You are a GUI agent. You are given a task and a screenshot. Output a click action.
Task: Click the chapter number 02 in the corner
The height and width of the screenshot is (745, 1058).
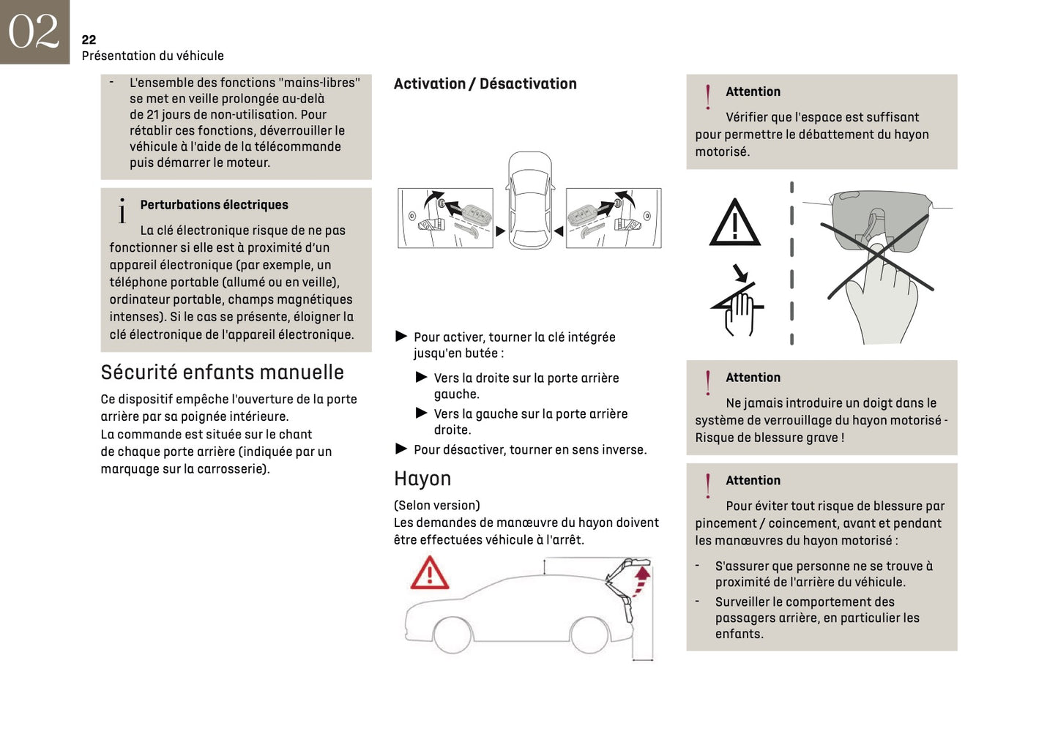(x=34, y=31)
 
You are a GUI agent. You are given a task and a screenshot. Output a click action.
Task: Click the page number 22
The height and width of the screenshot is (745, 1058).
(x=89, y=40)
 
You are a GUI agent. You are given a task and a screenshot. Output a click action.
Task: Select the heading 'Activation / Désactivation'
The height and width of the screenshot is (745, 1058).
(x=485, y=84)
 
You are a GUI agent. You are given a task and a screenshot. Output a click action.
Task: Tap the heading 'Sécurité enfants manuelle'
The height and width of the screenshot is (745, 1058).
(x=222, y=372)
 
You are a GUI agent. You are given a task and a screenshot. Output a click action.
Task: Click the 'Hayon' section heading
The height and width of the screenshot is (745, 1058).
(x=422, y=479)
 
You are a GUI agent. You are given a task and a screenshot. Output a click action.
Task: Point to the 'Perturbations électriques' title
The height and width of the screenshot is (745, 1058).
(x=214, y=205)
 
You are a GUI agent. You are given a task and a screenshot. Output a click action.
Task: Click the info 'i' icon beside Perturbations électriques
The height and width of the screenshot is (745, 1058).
(x=122, y=211)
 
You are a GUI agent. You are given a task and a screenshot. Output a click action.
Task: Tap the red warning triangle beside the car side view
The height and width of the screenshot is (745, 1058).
(x=430, y=573)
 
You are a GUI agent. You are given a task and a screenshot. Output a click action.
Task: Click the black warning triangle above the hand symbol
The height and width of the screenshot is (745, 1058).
(x=734, y=223)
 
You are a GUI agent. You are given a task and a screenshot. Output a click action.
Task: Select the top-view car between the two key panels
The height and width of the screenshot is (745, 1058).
(x=530, y=201)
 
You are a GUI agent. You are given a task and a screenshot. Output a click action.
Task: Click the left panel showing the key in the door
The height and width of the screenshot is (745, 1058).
(x=445, y=217)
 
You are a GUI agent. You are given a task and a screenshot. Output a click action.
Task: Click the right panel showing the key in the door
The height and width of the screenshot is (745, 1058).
(x=614, y=217)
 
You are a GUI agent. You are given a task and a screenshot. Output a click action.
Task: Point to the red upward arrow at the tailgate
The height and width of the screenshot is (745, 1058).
(x=641, y=580)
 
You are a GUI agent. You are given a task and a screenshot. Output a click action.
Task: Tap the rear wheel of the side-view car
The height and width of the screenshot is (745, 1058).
(x=589, y=634)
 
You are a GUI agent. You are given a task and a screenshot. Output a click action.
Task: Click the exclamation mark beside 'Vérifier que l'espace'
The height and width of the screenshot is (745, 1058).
(x=708, y=97)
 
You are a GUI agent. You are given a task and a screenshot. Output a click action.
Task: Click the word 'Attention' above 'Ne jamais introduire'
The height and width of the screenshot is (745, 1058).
(x=753, y=378)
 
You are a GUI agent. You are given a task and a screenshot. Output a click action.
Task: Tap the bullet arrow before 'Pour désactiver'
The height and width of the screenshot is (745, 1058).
(x=401, y=449)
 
